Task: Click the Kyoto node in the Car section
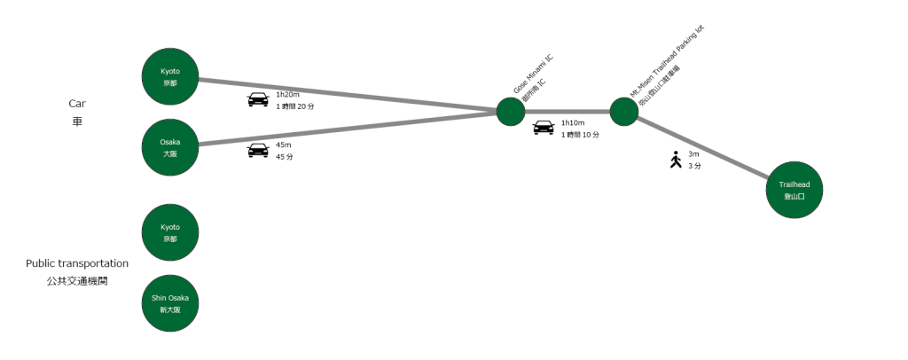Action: [x=170, y=76]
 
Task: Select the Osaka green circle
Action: [x=170, y=147]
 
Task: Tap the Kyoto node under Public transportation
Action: [x=170, y=232]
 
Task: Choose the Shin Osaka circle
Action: [x=170, y=303]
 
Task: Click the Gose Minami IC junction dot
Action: [x=511, y=112]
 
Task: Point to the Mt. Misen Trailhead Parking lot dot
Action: [x=624, y=112]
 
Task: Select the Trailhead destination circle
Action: [x=794, y=190]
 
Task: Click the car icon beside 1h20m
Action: [x=257, y=99]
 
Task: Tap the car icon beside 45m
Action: [x=257, y=150]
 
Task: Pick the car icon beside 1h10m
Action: [x=544, y=128]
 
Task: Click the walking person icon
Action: [x=676, y=160]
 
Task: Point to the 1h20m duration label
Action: [x=289, y=94]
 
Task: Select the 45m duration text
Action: [x=284, y=145]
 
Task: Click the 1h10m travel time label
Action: [x=574, y=122]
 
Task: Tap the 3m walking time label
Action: [x=693, y=154]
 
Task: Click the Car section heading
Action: [x=76, y=104]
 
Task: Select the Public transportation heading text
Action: [x=77, y=263]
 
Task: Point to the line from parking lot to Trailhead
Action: [x=709, y=151]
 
